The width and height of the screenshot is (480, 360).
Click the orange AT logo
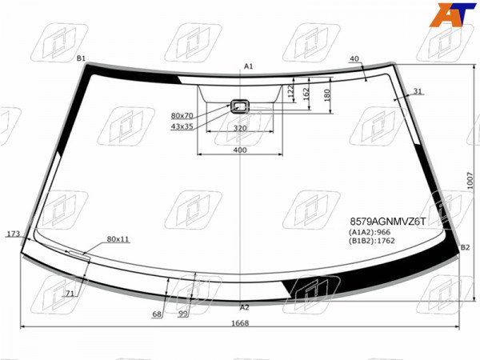pos(453,14)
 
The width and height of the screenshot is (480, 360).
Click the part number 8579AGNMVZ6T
pos(387,222)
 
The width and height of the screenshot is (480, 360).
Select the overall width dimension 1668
pos(240,323)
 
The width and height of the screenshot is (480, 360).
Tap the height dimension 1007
pos(470,181)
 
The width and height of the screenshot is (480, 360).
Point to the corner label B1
pos(81,58)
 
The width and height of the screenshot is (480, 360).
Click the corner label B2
pos(465,247)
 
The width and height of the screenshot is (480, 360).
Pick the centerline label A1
pos(248,66)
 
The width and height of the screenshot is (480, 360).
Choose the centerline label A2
pos(244,307)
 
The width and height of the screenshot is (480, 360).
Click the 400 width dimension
pos(240,150)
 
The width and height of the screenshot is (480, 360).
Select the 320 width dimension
pos(240,128)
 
